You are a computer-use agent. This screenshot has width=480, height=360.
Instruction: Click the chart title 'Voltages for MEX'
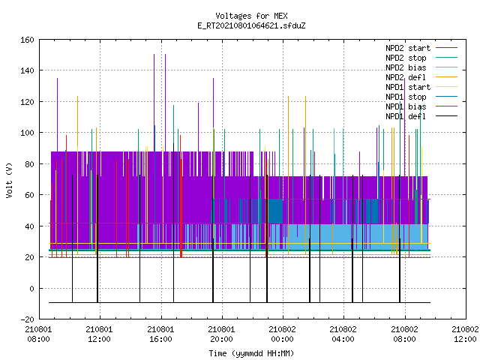(x=251, y=16)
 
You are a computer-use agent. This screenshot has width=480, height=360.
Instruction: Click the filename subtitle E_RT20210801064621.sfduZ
(x=251, y=25)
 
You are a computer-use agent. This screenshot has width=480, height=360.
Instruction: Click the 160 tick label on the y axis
(x=27, y=40)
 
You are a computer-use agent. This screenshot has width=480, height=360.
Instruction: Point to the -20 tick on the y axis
(x=27, y=319)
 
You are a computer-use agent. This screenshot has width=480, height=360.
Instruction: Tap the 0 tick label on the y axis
(x=31, y=288)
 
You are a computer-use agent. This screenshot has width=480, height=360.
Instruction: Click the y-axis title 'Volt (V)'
(x=9, y=181)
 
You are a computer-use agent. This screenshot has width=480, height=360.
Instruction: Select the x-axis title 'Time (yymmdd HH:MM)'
(x=251, y=353)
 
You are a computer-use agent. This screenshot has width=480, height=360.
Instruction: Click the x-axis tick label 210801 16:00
(x=160, y=334)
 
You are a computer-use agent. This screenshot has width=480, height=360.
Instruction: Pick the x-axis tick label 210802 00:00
(x=282, y=334)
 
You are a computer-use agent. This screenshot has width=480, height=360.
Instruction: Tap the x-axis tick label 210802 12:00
(x=465, y=334)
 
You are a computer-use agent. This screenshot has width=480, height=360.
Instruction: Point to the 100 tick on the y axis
(x=27, y=133)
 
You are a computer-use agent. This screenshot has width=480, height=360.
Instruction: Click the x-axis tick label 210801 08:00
(x=38, y=334)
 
